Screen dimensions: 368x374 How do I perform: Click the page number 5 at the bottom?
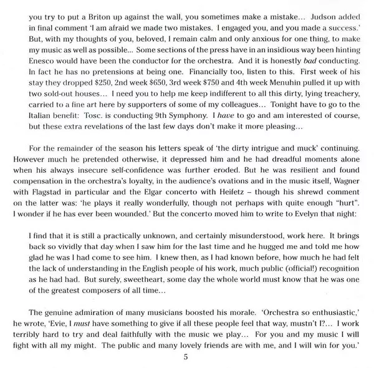(x=186, y=357)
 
